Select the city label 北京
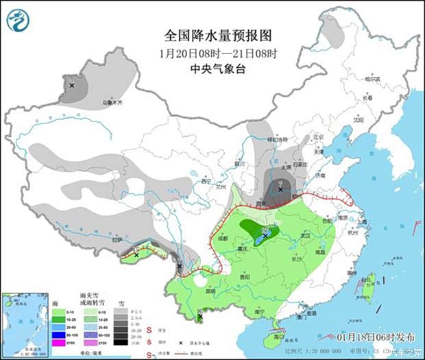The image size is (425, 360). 317,136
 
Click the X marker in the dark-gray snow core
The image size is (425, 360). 281,189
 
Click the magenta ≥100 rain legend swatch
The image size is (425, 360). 60,342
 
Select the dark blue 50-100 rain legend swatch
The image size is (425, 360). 60,333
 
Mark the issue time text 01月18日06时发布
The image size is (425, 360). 376,337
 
